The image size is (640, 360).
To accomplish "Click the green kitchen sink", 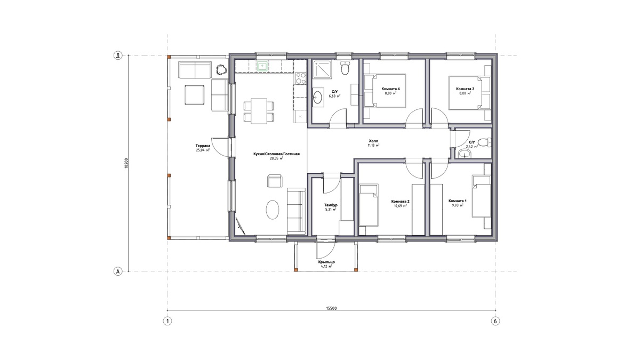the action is click(262, 66).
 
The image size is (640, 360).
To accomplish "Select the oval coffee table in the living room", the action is click(273, 210).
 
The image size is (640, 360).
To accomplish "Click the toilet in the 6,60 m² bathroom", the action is click(345, 68).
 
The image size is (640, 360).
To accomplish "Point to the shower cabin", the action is click(323, 69).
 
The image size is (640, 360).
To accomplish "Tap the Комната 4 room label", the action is click(390, 89).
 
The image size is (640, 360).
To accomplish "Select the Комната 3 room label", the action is click(465, 89).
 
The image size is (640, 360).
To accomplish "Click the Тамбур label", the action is click(331, 205).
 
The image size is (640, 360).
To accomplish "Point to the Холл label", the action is click(373, 141).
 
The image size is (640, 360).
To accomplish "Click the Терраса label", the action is click(203, 146).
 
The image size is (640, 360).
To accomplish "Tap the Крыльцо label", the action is click(326, 262).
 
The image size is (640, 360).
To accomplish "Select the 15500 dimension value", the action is click(331, 308).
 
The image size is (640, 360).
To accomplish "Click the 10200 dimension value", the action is click(126, 163).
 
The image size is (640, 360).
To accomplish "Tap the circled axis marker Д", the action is click(118, 55).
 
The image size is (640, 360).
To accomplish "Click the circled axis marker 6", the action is click(495, 321).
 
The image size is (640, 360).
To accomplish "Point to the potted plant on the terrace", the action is click(221, 70).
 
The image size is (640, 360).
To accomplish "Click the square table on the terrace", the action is click(194, 95).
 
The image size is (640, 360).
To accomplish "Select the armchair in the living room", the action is click(275, 181).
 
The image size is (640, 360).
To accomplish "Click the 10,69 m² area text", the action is click(399, 205).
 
